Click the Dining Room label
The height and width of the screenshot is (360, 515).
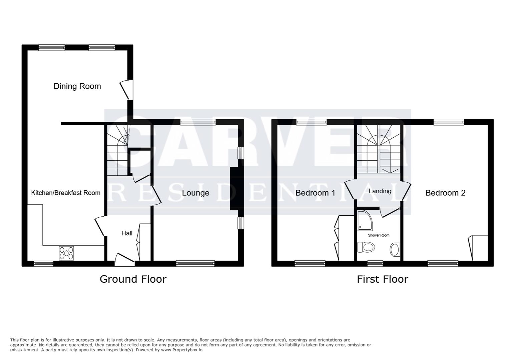click(77, 86)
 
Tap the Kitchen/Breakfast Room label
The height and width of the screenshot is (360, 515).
click(66, 193)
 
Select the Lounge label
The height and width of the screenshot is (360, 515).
click(195, 193)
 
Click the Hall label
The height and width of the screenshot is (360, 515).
click(127, 233)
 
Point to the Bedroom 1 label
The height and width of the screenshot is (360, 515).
click(315, 193)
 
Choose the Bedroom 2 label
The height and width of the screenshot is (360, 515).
click(445, 193)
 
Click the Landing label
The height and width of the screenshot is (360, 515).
click(380, 191)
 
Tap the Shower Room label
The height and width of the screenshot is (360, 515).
click(379, 235)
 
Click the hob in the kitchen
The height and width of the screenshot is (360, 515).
click(66, 253)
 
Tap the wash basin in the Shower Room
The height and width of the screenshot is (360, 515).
click(395, 250)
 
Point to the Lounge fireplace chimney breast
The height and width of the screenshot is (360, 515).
click(234, 189)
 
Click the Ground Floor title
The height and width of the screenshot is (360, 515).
click(133, 279)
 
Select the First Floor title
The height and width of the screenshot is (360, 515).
click(382, 279)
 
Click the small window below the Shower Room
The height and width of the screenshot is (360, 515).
click(375, 264)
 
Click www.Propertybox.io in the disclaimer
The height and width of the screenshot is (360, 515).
click(182, 350)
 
